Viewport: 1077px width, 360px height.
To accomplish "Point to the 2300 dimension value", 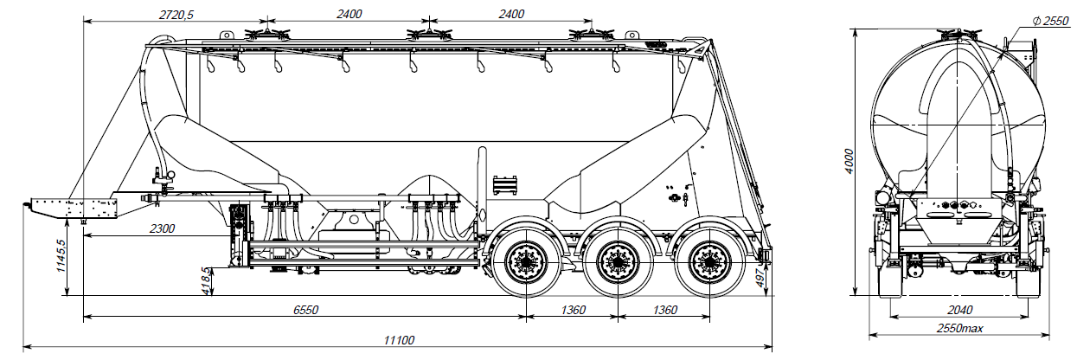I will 161,228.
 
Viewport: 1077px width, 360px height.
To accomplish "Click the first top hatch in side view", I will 264,35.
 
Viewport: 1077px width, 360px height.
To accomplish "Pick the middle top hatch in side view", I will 426,35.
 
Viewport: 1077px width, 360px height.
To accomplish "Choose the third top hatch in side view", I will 590,35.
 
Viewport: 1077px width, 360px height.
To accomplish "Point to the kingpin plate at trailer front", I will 73,209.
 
